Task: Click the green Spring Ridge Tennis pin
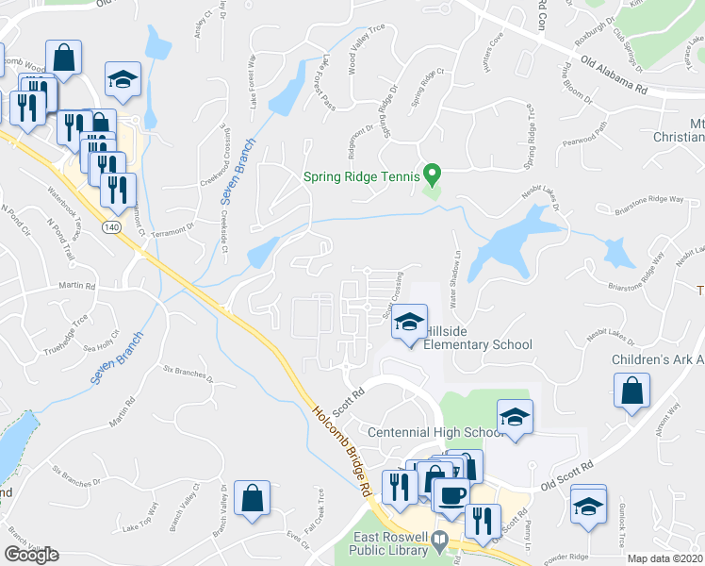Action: pos(432,174)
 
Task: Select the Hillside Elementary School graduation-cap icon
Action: pos(410,323)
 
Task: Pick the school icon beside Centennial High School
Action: pos(515,418)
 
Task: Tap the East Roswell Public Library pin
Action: pos(438,541)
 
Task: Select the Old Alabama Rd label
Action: pos(614,76)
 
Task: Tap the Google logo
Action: pos(31,555)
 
